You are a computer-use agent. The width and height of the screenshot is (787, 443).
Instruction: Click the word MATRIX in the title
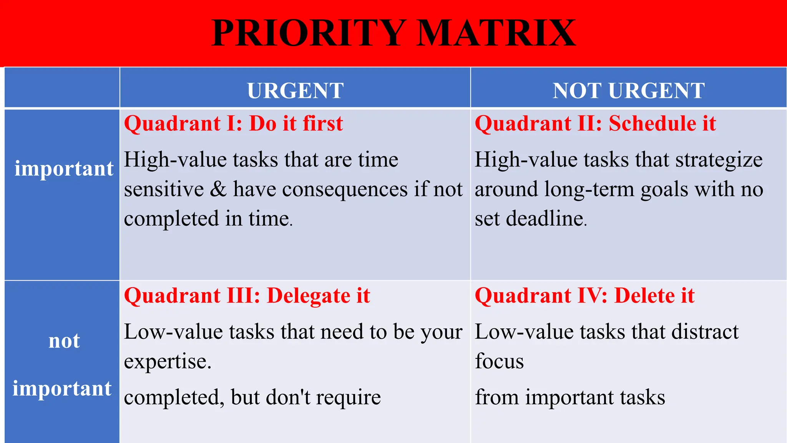[496, 33]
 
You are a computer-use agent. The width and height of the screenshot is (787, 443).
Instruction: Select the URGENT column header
[295, 91]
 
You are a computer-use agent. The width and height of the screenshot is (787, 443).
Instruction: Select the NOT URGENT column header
[629, 91]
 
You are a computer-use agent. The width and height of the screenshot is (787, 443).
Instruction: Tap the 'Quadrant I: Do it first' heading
[233, 124]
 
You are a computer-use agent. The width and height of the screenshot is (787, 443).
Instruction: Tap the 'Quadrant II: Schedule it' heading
[595, 124]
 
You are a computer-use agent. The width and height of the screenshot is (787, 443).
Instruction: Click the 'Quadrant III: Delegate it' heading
[247, 296]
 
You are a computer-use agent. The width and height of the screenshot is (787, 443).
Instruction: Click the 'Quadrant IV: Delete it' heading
[584, 296]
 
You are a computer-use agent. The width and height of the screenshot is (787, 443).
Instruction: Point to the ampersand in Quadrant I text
[218, 189]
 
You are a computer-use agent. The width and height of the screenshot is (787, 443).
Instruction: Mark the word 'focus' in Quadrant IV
[499, 361]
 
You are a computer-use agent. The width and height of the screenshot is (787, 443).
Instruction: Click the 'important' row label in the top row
[64, 168]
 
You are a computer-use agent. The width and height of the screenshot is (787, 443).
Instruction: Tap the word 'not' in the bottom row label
[64, 341]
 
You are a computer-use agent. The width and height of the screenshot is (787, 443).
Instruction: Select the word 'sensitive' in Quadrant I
[164, 189]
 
